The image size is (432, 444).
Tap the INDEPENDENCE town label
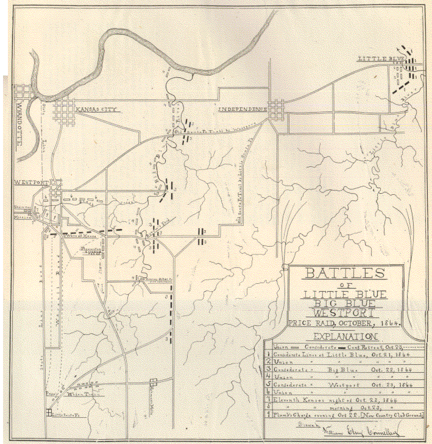point(243,108)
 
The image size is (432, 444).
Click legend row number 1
point(269,354)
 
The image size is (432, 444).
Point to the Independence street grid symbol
point(277,109)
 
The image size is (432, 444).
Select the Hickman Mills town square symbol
point(154,382)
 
